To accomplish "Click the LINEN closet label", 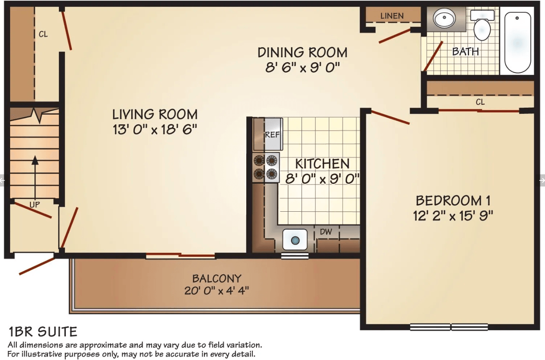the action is pos(392,16).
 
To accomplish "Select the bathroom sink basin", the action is pos(445,18).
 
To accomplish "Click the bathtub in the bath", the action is pos(517,42).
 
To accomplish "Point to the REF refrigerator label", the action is pos(272,134).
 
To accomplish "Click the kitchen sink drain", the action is pos(295,240).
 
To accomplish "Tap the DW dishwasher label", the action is pos(326,232).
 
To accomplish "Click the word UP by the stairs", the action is pos(35,205).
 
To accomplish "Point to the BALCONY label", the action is pos(217,278).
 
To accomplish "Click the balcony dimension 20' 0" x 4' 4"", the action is pos(217,291).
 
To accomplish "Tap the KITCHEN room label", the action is pos(322,164).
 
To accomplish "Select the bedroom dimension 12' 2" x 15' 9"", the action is pos(453,215).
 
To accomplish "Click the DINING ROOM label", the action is pos(302,52).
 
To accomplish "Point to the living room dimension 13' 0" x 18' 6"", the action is pos(155,129).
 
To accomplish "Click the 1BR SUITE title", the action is pos(43,332).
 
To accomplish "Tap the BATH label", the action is pos(465,52).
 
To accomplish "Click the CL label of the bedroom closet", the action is pos(480,102).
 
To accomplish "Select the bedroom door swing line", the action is pos(390,117).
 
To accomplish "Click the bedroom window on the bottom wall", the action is pos(449,327).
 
